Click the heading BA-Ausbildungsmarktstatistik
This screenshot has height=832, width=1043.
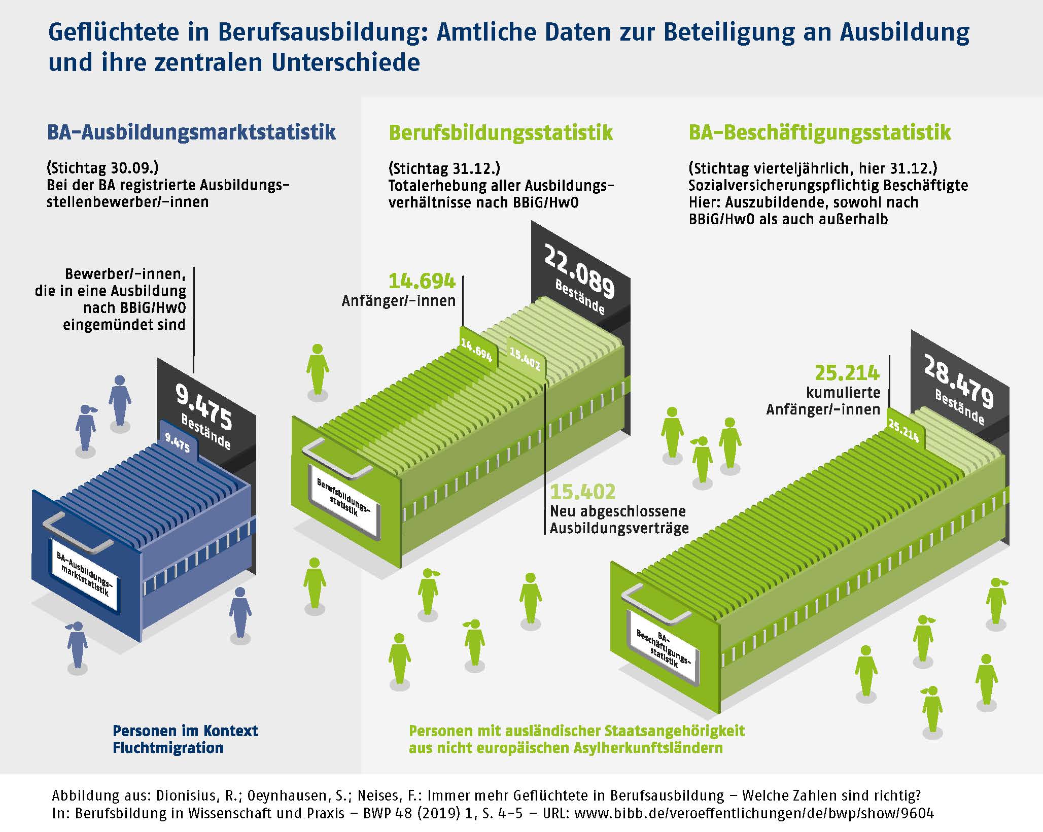pyautogui.click(x=191, y=132)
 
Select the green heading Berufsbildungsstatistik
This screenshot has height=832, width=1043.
pyautogui.click(x=501, y=133)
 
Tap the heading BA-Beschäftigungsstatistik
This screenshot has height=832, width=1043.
pyautogui.click(x=819, y=133)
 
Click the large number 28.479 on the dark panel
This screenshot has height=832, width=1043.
pyautogui.click(x=958, y=382)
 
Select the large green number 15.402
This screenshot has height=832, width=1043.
pyautogui.click(x=583, y=492)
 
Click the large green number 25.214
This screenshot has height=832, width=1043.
pyautogui.click(x=847, y=373)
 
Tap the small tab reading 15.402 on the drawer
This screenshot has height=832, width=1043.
pyautogui.click(x=525, y=360)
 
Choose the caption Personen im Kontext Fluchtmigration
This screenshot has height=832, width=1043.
pyautogui.click(x=185, y=739)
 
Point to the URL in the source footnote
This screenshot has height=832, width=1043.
pyautogui.click(x=754, y=813)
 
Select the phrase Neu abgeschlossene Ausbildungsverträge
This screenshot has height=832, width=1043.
pyautogui.click(x=619, y=519)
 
